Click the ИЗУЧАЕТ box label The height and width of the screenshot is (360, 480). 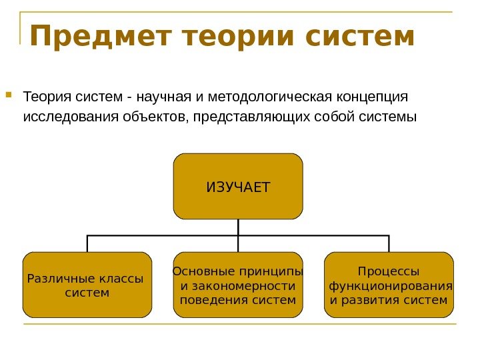click(x=238, y=187)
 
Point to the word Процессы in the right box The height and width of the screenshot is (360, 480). click(x=389, y=272)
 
